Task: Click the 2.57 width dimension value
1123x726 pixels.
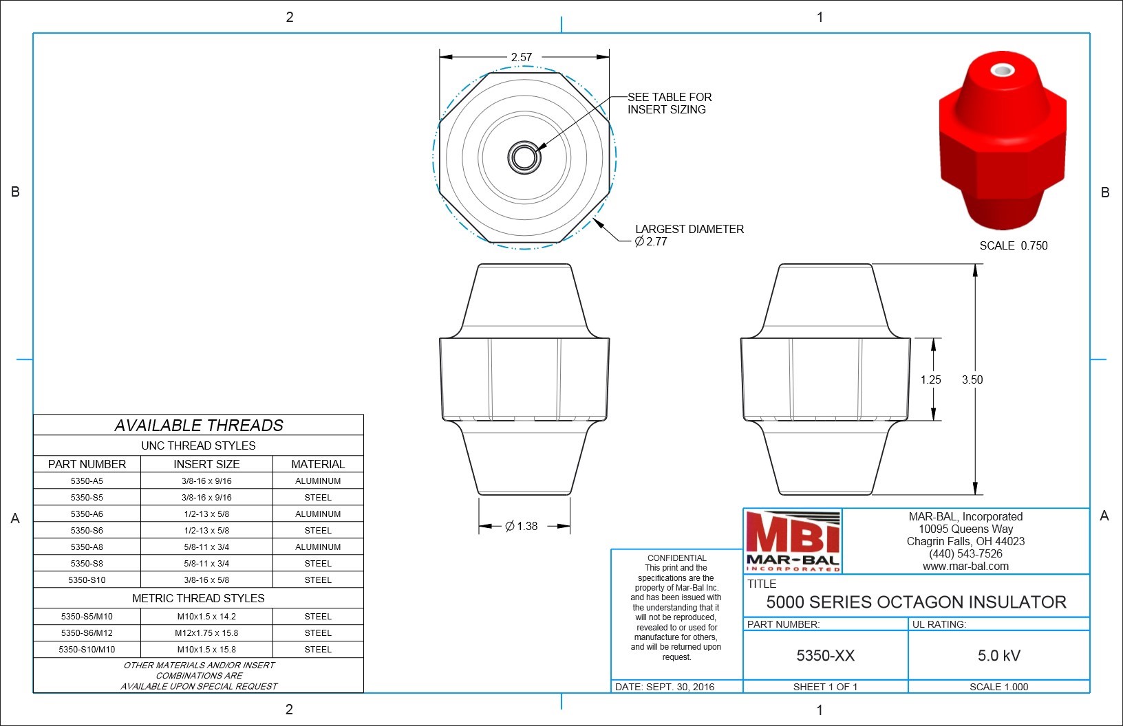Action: point(522,57)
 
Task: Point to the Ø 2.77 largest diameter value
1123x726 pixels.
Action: point(651,241)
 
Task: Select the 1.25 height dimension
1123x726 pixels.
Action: point(930,379)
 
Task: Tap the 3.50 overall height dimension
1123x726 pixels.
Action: point(972,379)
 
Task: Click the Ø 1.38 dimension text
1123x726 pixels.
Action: point(522,526)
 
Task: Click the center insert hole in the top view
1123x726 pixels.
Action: point(524,157)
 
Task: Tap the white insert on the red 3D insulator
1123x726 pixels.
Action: point(1003,71)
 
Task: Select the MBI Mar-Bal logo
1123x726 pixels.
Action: point(793,541)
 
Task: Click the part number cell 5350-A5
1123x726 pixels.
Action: point(87,481)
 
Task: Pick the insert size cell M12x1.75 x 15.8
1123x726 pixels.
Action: point(206,632)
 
